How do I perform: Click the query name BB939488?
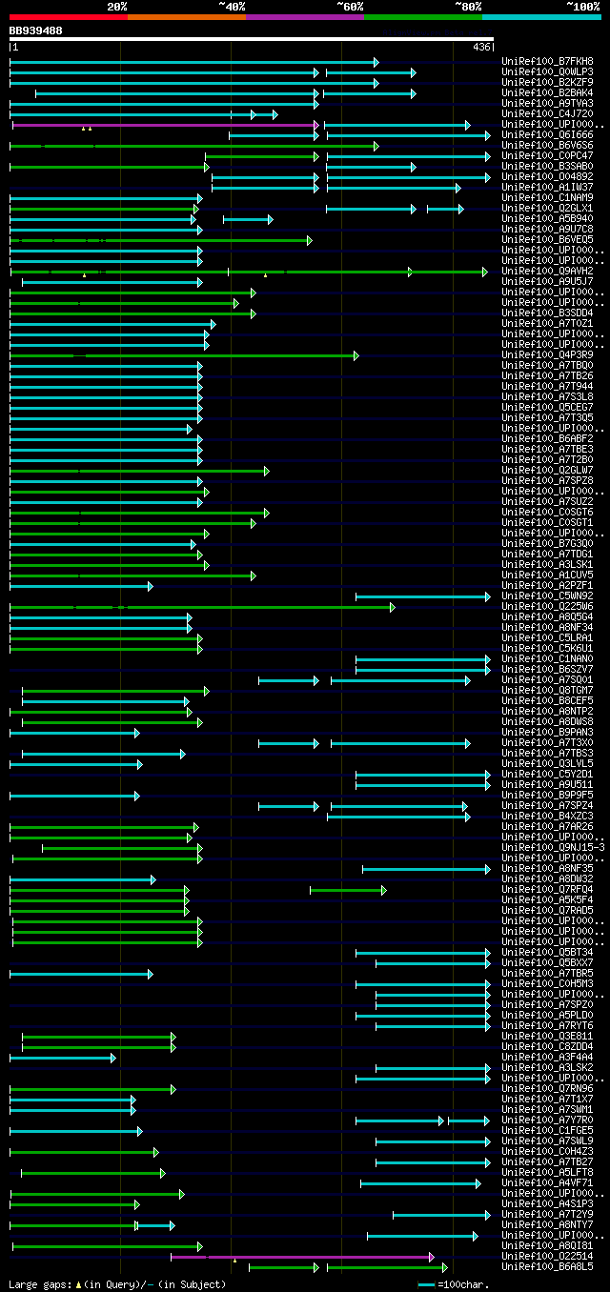36,30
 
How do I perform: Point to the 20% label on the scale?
117,7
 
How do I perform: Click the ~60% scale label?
350,7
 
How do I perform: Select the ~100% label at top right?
582,7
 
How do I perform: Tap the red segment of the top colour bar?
68,17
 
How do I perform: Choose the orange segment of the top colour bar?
186,17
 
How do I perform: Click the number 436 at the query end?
481,47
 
